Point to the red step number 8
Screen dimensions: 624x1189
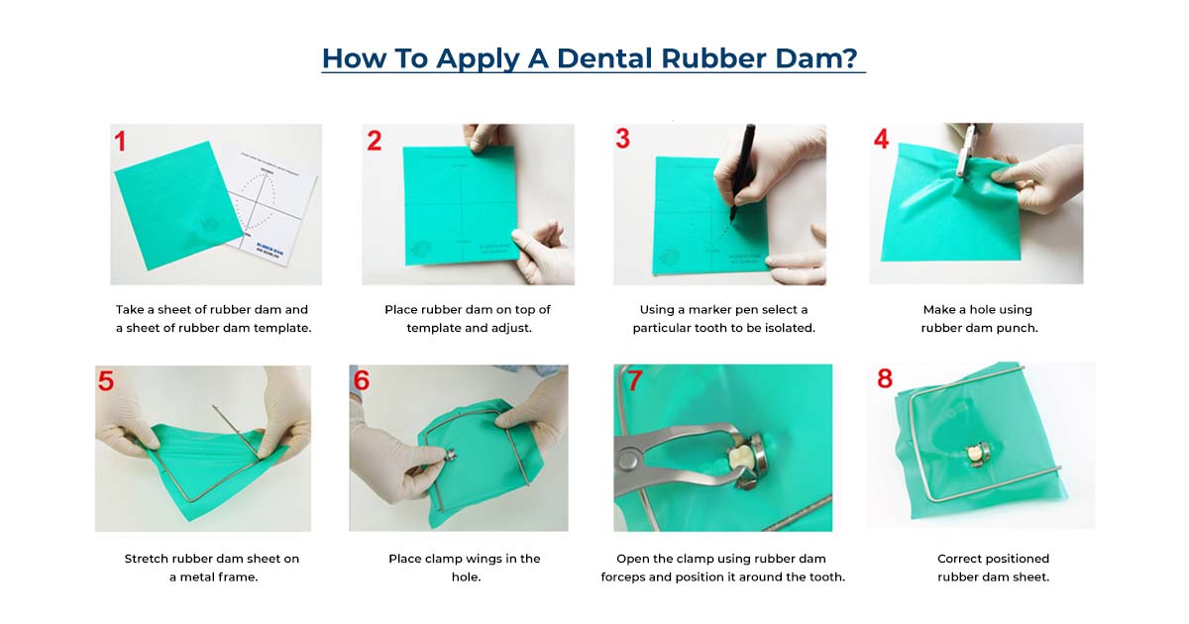(885, 378)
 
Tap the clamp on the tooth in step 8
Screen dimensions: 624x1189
(977, 455)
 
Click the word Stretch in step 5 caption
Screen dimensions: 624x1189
(147, 559)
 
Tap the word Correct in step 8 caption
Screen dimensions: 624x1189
(962, 559)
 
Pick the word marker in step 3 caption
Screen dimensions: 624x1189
(704, 309)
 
